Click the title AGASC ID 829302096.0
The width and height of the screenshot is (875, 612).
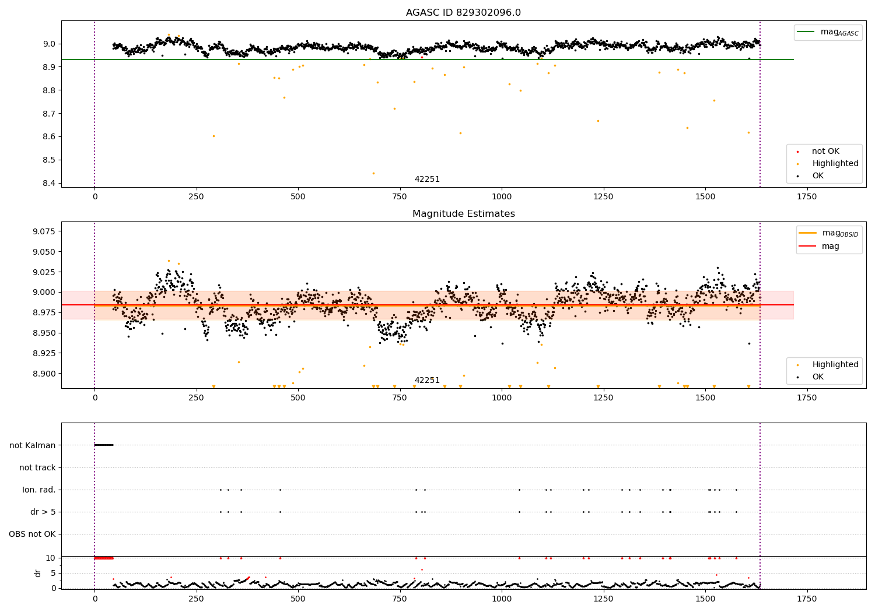463,13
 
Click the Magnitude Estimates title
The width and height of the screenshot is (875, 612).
463,214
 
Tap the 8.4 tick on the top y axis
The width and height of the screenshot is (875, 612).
47,183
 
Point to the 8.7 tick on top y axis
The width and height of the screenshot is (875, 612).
47,114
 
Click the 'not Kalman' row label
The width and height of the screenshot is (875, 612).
33,445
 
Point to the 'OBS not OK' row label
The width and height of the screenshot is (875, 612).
32,534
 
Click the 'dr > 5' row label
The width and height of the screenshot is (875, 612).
43,512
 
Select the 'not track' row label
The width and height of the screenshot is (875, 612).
37,467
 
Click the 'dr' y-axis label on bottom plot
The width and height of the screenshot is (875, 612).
38,573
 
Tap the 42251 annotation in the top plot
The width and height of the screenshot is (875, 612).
427,180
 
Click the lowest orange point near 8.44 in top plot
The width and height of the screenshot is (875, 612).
374,173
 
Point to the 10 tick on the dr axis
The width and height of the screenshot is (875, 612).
51,558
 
